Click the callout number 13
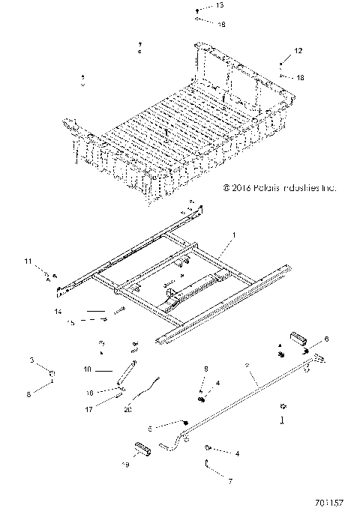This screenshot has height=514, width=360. pos(199,5)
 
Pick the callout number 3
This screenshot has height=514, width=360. pos(31,360)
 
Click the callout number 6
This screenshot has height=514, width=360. pos(326,339)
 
